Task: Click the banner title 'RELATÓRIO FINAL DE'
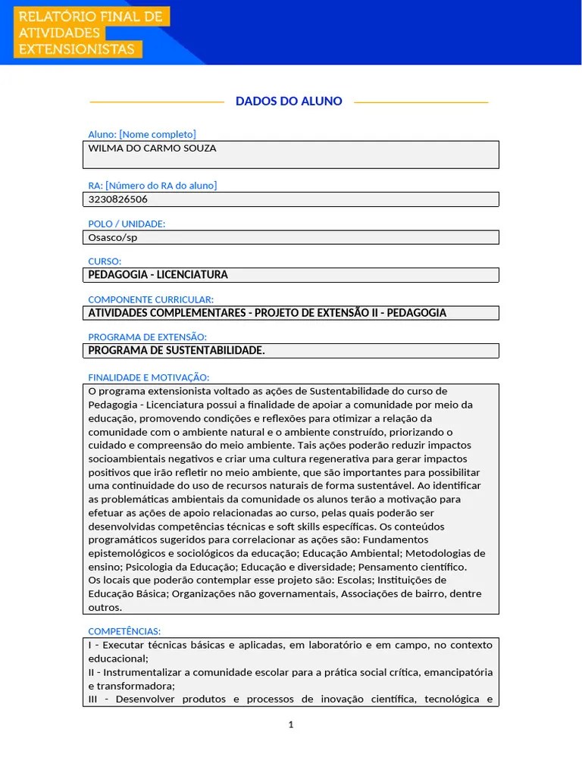click(90, 16)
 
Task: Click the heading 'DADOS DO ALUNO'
click(289, 101)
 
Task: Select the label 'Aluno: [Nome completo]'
click(142, 134)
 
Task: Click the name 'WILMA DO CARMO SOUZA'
click(152, 149)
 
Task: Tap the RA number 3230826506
click(118, 199)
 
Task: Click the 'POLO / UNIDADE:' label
click(127, 224)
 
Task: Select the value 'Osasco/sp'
click(113, 237)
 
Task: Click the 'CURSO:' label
click(105, 261)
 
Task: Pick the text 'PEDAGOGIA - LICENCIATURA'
click(158, 275)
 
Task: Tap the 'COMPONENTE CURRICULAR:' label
click(151, 299)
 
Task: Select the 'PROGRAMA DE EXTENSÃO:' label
click(147, 337)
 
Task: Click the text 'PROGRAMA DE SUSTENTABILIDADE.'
click(177, 351)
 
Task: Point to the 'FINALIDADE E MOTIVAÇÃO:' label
click(149, 377)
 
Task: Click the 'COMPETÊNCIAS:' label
click(124, 631)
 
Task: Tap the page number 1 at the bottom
click(291, 725)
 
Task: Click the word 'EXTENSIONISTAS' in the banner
click(77, 49)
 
